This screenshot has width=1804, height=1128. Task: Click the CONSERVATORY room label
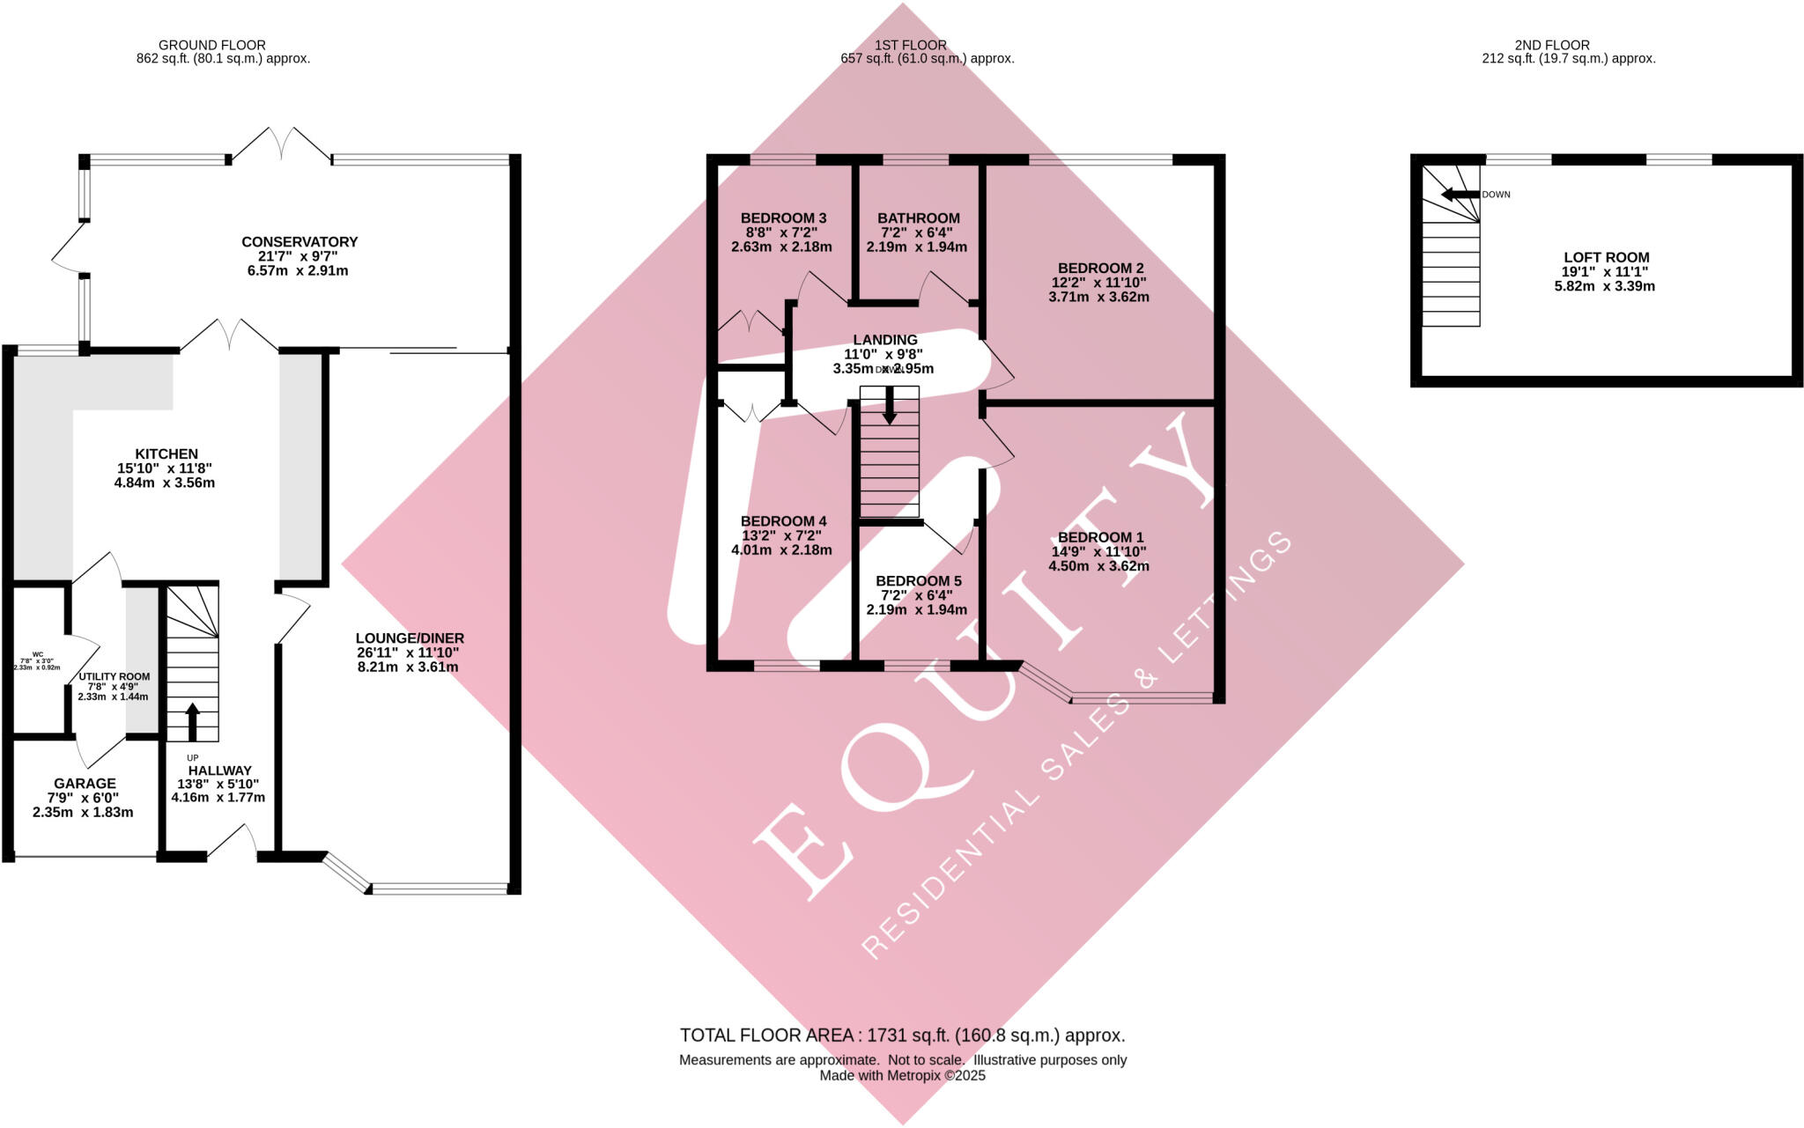pos(299,241)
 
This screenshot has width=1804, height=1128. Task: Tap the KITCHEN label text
pos(166,454)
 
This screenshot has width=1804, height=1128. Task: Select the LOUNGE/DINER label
pos(410,638)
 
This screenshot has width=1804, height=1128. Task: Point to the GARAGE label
pos(85,783)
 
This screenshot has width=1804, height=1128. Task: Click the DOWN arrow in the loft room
pos(1459,195)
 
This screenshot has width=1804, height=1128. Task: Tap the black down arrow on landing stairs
pos(890,407)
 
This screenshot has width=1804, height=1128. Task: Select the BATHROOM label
pos(918,218)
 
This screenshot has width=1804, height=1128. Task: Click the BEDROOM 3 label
pos(783,218)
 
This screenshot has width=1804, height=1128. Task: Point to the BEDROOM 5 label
pos(918,581)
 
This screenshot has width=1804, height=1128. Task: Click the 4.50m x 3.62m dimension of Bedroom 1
pos(1098,566)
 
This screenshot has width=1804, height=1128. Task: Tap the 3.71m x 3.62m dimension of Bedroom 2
pos(1098,297)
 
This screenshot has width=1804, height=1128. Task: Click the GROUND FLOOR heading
pos(211,45)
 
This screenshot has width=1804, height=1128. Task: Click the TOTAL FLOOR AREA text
pos(902,1036)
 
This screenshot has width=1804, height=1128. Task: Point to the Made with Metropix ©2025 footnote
pos(902,1075)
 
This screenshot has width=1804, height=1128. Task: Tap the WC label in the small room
pos(37,654)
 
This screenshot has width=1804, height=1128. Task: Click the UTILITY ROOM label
pos(115,676)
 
